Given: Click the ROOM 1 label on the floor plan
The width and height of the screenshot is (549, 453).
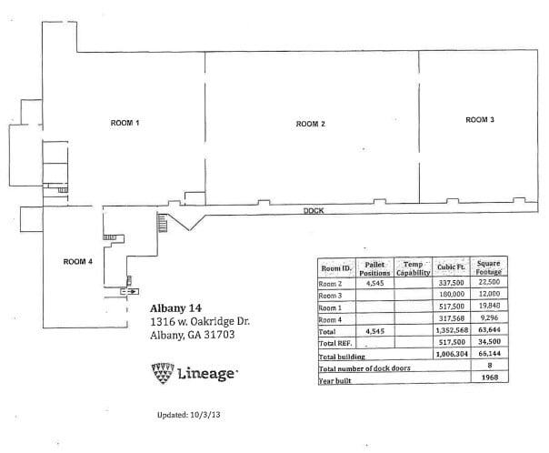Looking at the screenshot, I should click(x=125, y=122).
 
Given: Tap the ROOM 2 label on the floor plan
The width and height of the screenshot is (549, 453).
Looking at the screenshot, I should click(x=311, y=124).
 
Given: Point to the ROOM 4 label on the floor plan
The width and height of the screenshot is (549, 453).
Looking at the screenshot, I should click(x=78, y=262).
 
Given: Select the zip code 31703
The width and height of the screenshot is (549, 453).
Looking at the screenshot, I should click(x=218, y=335).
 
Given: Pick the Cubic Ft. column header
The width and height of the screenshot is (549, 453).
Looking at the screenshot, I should click(x=452, y=267).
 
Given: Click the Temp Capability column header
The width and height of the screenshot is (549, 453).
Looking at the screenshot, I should click(x=414, y=267).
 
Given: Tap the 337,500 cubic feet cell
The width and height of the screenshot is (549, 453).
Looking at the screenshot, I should click(x=453, y=283).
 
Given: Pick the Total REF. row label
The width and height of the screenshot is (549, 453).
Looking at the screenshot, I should click(x=335, y=344).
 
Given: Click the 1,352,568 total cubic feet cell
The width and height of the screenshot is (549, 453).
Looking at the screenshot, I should click(x=452, y=331).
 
